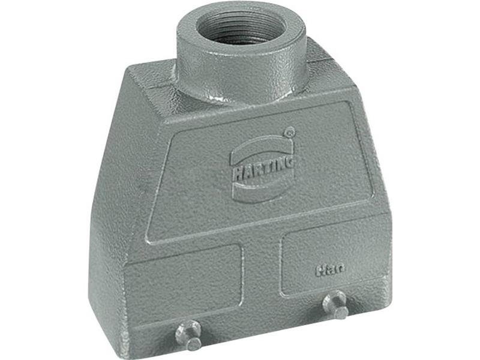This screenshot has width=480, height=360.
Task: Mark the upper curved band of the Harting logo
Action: (261, 144)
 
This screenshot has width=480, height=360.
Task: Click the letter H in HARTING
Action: (236, 168)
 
